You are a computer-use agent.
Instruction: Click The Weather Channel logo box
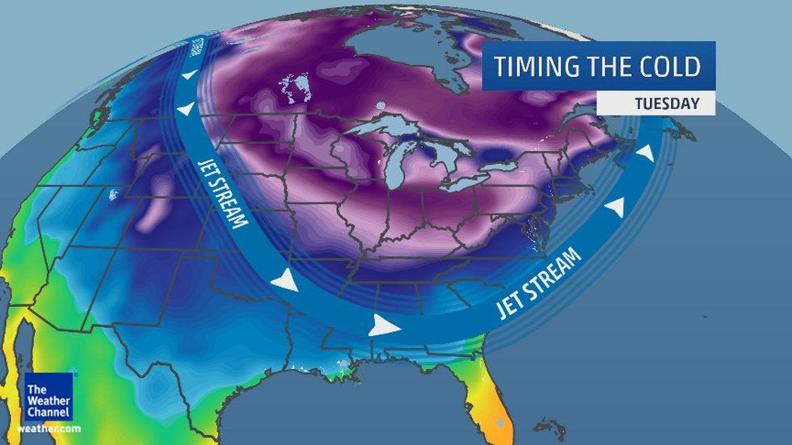tap(48, 397)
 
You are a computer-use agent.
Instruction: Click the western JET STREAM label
tap(223, 192)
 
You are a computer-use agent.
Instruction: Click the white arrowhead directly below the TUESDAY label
tap(644, 153)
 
